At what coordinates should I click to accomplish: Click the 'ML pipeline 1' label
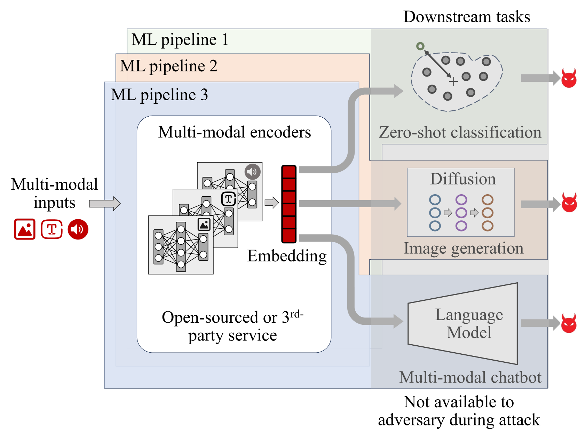tap(180, 40)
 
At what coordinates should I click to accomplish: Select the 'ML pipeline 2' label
tap(168, 66)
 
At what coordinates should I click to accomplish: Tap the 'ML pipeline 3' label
tap(159, 95)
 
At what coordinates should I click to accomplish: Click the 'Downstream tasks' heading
tap(466, 17)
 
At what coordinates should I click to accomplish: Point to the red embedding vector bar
tap(289, 204)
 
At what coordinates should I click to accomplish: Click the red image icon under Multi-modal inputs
tap(25, 229)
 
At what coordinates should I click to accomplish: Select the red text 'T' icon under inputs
tap(52, 229)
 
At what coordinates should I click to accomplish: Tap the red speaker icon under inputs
tap(78, 229)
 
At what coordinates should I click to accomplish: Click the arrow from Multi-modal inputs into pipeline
tap(105, 204)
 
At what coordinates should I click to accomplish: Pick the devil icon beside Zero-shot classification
tap(569, 78)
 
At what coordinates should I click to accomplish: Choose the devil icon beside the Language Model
tap(569, 323)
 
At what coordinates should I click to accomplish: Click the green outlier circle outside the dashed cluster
tap(420, 46)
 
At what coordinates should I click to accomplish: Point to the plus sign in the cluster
tap(453, 82)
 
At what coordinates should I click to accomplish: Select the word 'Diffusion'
tap(463, 179)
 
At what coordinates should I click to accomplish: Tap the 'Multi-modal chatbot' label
tap(470, 377)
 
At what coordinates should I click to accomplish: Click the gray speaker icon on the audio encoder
tap(252, 172)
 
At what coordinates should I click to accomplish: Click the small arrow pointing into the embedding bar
tap(272, 203)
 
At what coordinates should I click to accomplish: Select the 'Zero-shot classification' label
tap(460, 133)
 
